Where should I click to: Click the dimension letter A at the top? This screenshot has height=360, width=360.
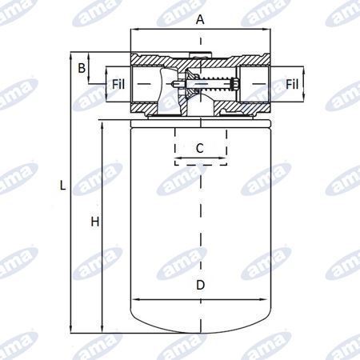(200, 19)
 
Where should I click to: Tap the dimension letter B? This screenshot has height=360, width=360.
(82, 68)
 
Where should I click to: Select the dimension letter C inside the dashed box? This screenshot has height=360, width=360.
(200, 148)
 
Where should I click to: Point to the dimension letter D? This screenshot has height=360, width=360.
(200, 285)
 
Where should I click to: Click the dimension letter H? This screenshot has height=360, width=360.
(95, 222)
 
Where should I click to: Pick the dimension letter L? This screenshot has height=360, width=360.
(63, 185)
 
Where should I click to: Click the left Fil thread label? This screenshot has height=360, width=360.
(118, 84)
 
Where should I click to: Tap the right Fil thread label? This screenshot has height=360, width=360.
(292, 84)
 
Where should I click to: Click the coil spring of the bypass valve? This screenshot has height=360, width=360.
(215, 84)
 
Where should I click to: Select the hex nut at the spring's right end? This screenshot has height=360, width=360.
(235, 84)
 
